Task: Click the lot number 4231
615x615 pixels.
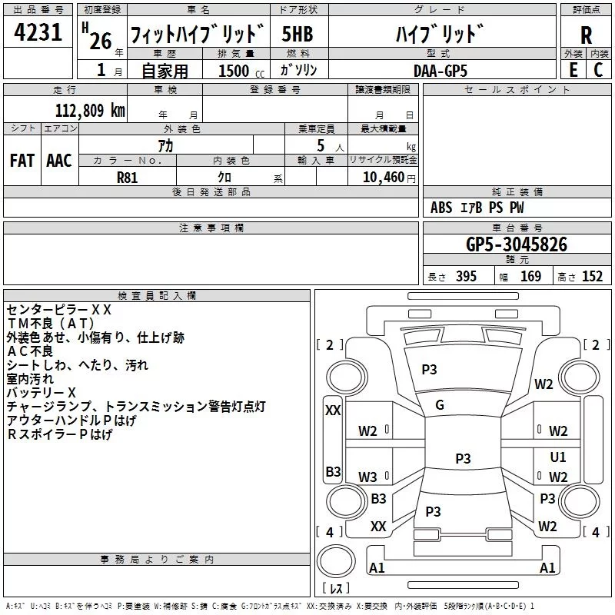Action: coord(38,32)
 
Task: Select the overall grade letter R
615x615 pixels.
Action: coord(586,35)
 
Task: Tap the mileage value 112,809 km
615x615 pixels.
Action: coord(90,111)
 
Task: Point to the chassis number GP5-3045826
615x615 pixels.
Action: coord(517,244)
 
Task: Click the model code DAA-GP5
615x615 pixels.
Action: coord(440,71)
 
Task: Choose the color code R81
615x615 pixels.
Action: coord(127,178)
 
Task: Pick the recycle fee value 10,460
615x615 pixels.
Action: coord(383,178)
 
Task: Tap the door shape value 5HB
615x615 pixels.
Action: coord(298,34)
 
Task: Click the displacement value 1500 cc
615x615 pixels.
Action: coord(241,71)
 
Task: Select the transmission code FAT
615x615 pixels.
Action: coord(22,161)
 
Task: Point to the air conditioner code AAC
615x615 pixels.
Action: coord(59,161)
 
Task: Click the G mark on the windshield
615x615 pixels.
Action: coord(440,405)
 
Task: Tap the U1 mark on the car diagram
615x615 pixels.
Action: coord(558,457)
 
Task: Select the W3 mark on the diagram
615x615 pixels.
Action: coord(367,477)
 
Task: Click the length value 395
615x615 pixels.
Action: coord(466,277)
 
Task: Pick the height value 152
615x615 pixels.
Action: coord(592,277)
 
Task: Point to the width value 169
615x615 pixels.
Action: coord(530,277)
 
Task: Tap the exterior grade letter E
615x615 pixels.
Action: coord(573,70)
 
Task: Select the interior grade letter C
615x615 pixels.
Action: coord(598,70)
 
